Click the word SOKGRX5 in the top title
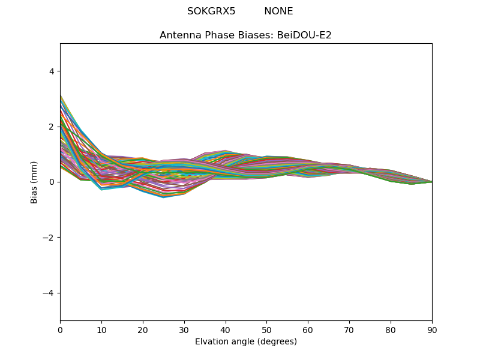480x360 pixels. [x=211, y=11]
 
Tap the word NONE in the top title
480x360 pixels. [x=278, y=11]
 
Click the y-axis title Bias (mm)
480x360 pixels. [x=35, y=182]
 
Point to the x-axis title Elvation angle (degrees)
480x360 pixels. [x=246, y=341]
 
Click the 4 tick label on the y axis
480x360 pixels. [x=52, y=71]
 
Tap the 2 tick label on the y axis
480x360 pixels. [x=52, y=127]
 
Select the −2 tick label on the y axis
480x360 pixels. [x=49, y=238]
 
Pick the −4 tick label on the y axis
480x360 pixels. [x=49, y=293]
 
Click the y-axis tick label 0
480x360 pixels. [x=52, y=182]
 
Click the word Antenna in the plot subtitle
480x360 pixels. [x=179, y=35]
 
